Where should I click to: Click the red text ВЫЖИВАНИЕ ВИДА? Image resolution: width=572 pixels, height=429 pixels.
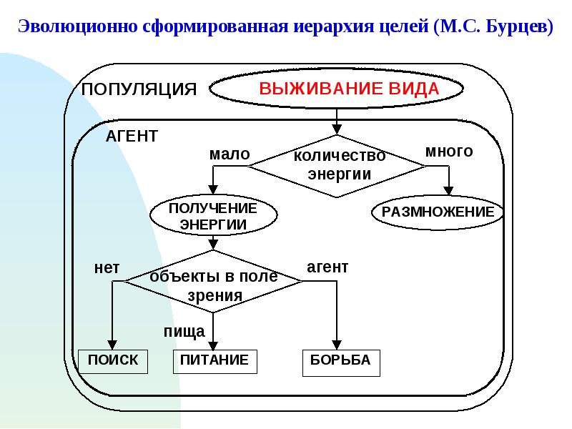pyautogui.click(x=349, y=89)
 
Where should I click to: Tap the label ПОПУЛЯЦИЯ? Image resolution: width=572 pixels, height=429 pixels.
pyautogui.click(x=139, y=89)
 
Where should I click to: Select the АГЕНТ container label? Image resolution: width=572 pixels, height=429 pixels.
pyautogui.click(x=132, y=137)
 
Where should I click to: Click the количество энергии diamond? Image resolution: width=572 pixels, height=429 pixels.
pyautogui.click(x=337, y=166)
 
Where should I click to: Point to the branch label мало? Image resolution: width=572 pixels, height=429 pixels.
pyautogui.click(x=230, y=154)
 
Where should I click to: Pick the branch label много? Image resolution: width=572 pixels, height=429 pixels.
pyautogui.click(x=449, y=151)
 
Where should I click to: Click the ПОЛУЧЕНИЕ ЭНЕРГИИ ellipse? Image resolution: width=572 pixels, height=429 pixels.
pyautogui.click(x=213, y=215)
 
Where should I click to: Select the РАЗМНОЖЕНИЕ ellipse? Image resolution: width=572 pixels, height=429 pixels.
pyautogui.click(x=438, y=212)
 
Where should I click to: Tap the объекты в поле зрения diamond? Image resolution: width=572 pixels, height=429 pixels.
pyautogui.click(x=213, y=281)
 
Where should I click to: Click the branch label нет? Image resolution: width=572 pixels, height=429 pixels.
pyautogui.click(x=107, y=268)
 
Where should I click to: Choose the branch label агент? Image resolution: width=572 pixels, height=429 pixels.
pyautogui.click(x=327, y=267)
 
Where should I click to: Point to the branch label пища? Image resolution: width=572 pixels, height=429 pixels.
pyautogui.click(x=184, y=332)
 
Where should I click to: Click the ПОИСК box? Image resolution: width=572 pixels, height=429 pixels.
pyautogui.click(x=113, y=362)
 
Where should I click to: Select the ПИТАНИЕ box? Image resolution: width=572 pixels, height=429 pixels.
pyautogui.click(x=215, y=362)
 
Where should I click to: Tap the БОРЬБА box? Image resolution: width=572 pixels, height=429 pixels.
pyautogui.click(x=341, y=363)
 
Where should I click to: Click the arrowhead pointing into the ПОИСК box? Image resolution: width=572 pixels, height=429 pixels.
pyautogui.click(x=112, y=345)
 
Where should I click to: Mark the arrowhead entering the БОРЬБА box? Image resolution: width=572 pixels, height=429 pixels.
pyautogui.click(x=337, y=345)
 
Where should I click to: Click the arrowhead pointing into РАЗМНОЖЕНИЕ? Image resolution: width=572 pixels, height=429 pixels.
pyautogui.click(x=449, y=191)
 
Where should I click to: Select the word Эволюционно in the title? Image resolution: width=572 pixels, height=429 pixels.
pyautogui.click(x=78, y=26)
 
